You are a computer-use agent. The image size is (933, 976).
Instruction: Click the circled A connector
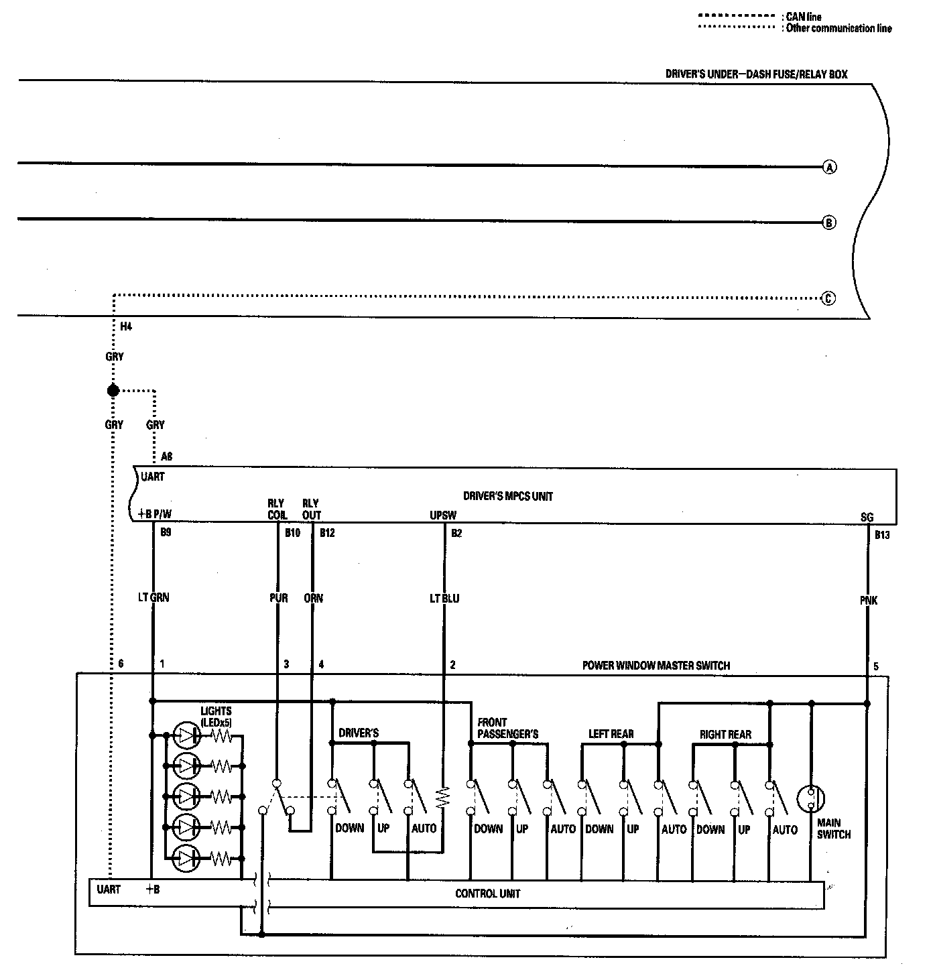point(829,167)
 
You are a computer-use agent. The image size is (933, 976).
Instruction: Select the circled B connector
point(829,223)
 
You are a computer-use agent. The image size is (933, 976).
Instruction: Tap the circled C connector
point(828,298)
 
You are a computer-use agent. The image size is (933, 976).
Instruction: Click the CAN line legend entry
point(803,17)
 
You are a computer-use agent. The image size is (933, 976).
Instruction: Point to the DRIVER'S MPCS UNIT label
point(508,497)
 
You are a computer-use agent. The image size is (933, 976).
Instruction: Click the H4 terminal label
point(126,327)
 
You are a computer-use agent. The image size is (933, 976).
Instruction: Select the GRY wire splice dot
point(113,390)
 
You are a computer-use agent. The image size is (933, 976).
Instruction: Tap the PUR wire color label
point(278,598)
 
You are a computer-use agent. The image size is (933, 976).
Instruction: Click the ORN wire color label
point(313,598)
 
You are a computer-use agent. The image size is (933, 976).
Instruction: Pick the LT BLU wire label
point(444,598)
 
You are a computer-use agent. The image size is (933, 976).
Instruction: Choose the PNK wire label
point(868,601)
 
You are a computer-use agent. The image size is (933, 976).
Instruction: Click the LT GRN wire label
point(153,597)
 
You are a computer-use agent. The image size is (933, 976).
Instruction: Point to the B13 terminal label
point(882,536)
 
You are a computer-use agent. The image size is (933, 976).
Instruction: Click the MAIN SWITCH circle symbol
point(810,798)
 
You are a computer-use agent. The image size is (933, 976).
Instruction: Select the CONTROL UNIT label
point(487,894)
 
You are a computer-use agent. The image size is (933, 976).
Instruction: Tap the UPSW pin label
point(443,515)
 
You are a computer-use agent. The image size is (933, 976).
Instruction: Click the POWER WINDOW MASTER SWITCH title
point(656,666)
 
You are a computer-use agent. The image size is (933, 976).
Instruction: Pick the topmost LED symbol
point(186,735)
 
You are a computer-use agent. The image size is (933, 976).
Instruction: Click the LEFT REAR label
point(611,735)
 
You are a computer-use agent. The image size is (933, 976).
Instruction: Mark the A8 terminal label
point(167,456)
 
